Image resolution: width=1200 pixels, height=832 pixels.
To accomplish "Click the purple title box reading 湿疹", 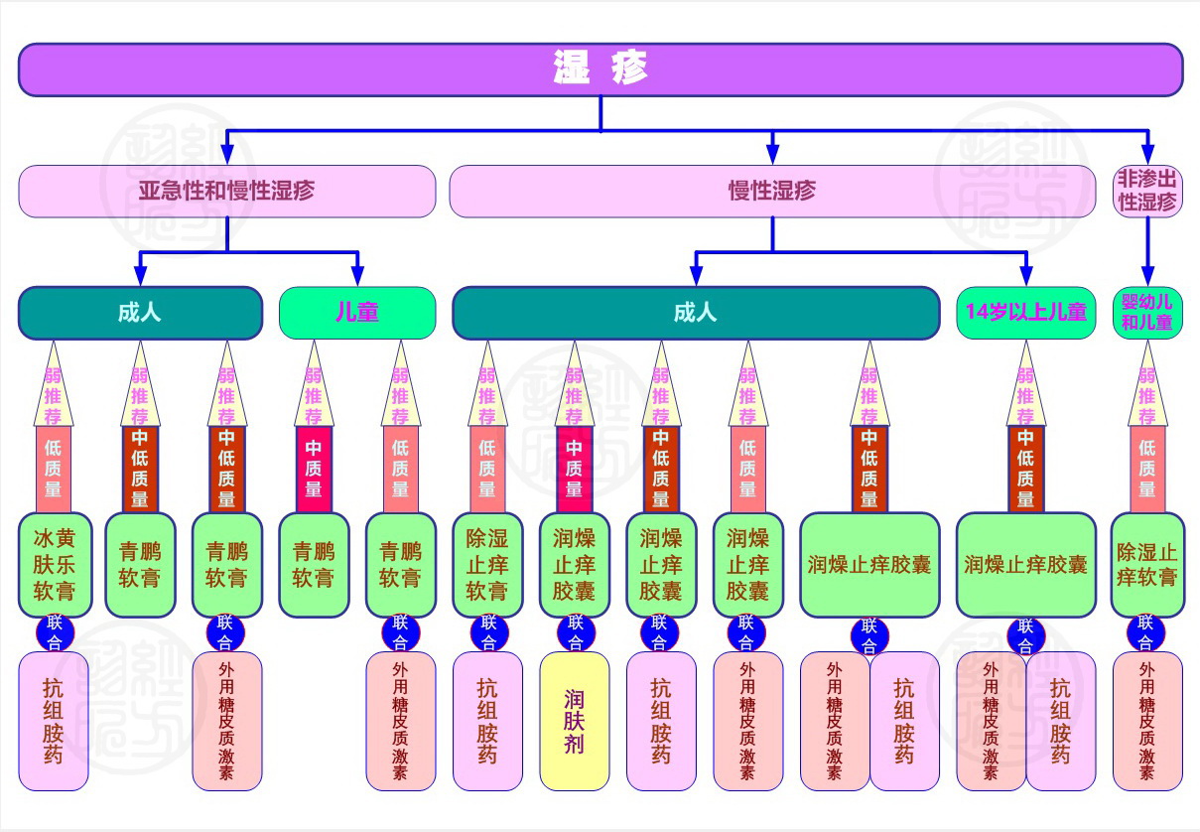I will coord(600,69).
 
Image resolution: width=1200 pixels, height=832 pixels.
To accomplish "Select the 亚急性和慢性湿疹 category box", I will coord(226,191).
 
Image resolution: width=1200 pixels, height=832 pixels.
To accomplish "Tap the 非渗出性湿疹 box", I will coord(1146,191).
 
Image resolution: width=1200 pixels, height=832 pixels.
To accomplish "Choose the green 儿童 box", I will coord(357,313).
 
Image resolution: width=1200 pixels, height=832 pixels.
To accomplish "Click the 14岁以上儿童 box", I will coord(1025,313).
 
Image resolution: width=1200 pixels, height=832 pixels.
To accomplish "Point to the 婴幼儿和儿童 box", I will coord(1146,313).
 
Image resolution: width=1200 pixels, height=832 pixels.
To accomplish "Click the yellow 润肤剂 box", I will coord(574,721).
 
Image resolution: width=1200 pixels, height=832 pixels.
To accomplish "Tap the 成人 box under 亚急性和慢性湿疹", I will coord(140,313).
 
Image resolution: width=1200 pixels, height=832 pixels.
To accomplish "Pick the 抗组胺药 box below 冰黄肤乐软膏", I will coord(54,721).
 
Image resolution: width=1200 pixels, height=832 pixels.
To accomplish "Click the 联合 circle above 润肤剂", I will coord(575,631).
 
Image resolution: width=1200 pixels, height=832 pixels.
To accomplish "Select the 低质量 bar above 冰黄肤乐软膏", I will coord(54,469).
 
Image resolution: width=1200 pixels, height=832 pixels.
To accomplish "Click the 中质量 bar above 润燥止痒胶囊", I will coord(574,469).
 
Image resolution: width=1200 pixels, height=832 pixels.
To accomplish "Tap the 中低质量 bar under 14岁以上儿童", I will coord(1025,469).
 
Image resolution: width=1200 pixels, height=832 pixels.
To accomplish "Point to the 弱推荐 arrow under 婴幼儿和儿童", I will coord(1146,387).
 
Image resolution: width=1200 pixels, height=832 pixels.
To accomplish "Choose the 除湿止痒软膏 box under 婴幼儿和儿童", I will coord(1146,565).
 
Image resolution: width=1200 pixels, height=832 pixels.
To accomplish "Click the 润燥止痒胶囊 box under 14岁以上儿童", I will coord(1025,565).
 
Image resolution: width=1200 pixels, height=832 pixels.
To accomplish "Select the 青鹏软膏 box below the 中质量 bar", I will coord(314,565).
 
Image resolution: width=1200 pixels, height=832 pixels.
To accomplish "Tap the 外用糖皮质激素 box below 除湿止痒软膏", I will coord(1146,721).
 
